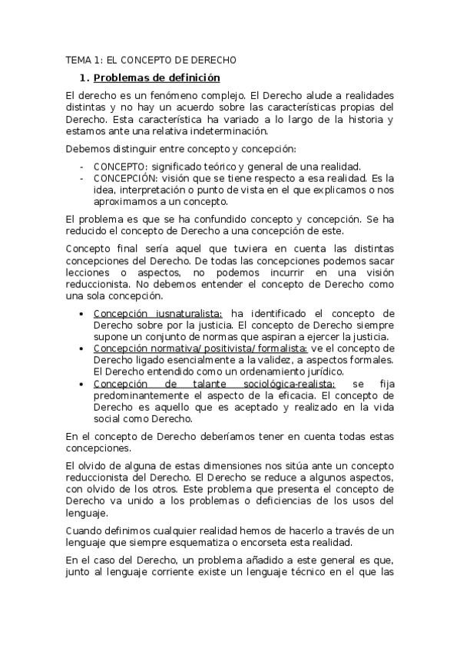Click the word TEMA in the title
pyautogui.click(x=78, y=59)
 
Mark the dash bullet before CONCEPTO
pyautogui.click(x=82, y=166)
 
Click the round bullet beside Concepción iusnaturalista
pyautogui.click(x=82, y=313)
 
